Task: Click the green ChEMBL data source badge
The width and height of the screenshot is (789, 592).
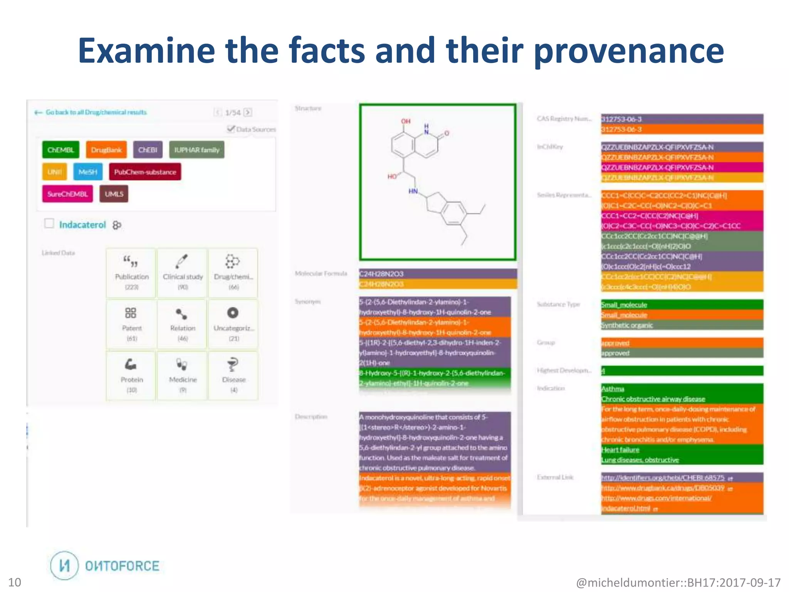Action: pos(60,150)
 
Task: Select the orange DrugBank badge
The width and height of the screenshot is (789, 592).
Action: pos(106,150)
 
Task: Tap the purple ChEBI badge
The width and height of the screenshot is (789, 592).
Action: pos(148,150)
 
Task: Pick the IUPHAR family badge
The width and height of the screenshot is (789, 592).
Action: pos(196,150)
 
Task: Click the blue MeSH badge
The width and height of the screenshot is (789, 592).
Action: pos(88,172)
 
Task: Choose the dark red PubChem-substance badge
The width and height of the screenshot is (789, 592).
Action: pos(145,172)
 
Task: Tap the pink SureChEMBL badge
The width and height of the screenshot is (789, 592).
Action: pos(67,194)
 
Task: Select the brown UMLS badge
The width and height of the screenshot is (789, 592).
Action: pos(114,194)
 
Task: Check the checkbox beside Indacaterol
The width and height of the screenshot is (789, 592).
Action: pos(49,224)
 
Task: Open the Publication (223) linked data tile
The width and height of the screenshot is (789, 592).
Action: pos(131,273)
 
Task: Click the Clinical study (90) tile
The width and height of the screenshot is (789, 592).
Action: pos(183,273)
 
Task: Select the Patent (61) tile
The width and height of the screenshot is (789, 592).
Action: pos(131,324)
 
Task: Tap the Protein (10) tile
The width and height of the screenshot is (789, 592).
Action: pos(131,375)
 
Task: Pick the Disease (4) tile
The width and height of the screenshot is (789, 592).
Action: pos(233,375)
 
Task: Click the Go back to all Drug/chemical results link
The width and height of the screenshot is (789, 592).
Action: pos(96,112)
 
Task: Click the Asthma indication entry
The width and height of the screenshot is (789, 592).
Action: pos(613,389)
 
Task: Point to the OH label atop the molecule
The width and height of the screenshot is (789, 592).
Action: pos(406,121)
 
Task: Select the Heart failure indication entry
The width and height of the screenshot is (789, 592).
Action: pos(620,450)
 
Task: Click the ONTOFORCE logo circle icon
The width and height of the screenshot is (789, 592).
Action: pos(64,565)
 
